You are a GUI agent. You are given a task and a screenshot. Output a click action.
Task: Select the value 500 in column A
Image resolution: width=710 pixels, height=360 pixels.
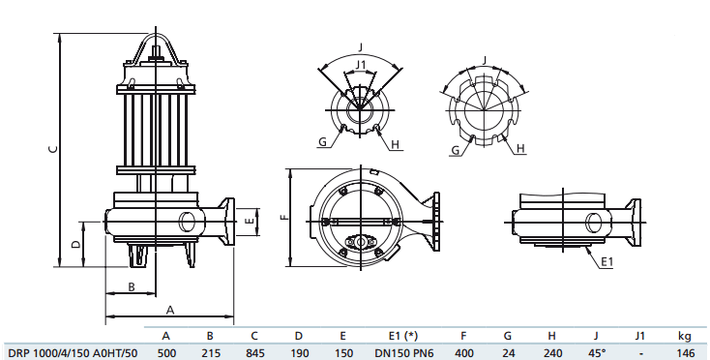pyautogui.click(x=165, y=352)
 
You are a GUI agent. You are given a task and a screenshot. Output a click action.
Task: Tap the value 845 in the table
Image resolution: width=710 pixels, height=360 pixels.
pyautogui.click(x=254, y=352)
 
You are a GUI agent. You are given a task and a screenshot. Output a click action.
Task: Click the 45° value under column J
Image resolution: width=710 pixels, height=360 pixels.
pyautogui.click(x=596, y=352)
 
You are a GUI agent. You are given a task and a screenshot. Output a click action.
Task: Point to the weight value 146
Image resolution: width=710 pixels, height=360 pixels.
pyautogui.click(x=686, y=352)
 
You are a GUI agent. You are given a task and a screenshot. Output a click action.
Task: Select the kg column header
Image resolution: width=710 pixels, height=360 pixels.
pyautogui.click(x=685, y=335)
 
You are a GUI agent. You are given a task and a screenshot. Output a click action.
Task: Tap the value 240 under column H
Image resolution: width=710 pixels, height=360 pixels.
pyautogui.click(x=551, y=352)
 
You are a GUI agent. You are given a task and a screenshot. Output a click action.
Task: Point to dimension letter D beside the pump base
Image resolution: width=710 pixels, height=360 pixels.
pyautogui.click(x=75, y=243)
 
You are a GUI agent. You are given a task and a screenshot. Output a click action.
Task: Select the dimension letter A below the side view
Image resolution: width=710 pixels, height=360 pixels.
pyautogui.click(x=169, y=310)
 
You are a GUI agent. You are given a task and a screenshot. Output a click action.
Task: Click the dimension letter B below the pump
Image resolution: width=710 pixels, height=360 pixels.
pyautogui.click(x=131, y=286)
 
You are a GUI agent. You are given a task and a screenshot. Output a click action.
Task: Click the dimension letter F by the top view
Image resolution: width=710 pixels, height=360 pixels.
pyautogui.click(x=283, y=218)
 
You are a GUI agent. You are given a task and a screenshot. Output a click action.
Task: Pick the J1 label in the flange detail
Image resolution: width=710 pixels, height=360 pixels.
pyautogui.click(x=361, y=65)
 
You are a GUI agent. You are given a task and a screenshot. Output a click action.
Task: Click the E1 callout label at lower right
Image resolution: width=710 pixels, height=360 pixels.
pyautogui.click(x=606, y=262)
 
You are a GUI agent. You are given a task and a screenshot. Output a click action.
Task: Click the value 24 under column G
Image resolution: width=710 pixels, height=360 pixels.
pyautogui.click(x=508, y=352)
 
